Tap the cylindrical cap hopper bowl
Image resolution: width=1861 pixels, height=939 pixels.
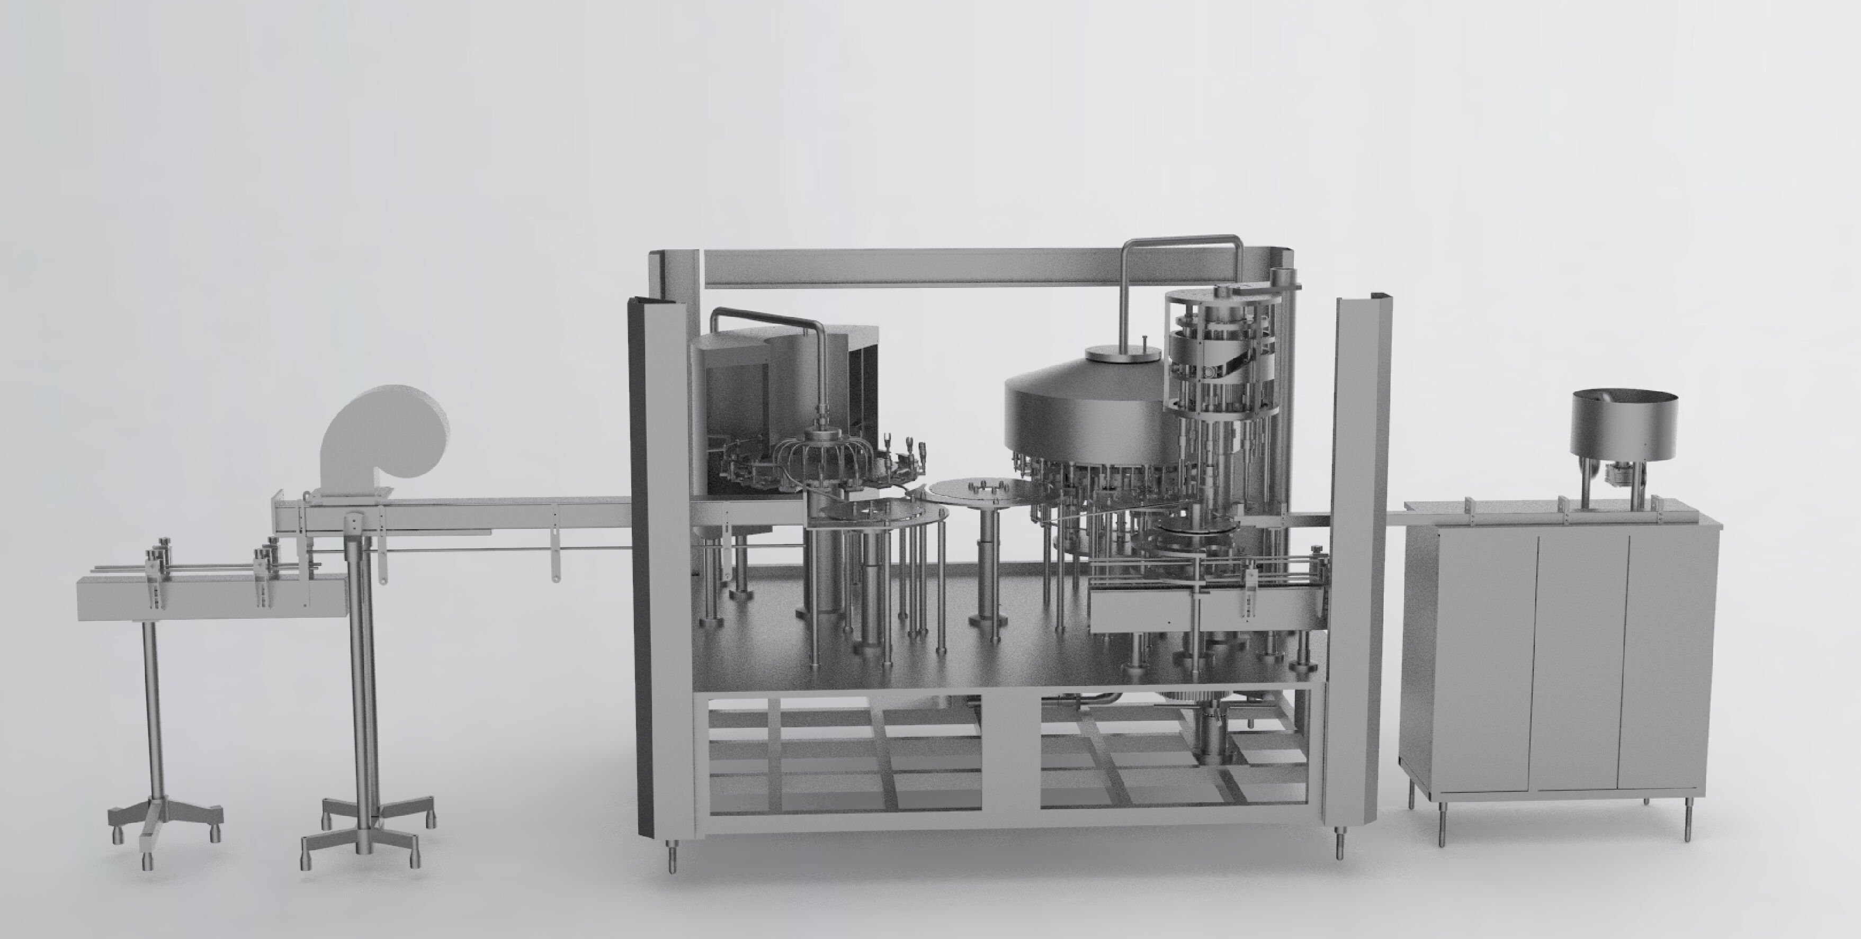tap(1623, 426)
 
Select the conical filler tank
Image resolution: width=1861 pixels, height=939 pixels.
tap(1084, 419)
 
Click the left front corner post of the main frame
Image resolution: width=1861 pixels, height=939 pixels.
tap(661, 578)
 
